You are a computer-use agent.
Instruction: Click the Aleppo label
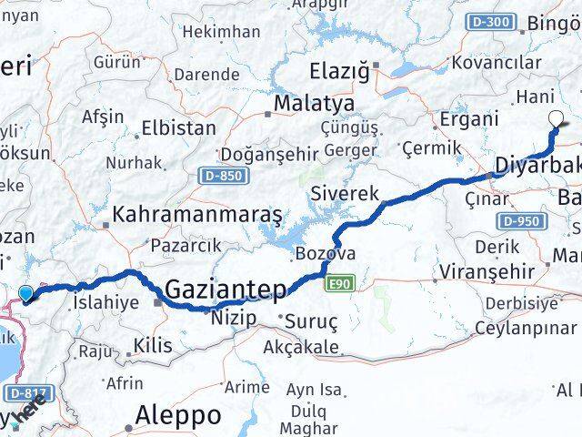[177, 415]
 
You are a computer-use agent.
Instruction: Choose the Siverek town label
[345, 193]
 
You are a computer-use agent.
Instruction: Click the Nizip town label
[233, 318]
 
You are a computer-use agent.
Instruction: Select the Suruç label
[311, 321]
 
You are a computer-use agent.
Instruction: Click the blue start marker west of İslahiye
[26, 293]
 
